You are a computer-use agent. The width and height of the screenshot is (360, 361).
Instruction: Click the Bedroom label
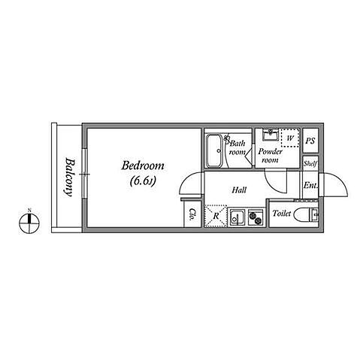point(143,166)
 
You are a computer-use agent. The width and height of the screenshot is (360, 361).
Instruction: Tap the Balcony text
point(68,177)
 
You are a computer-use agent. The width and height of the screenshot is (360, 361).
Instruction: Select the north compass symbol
point(29,221)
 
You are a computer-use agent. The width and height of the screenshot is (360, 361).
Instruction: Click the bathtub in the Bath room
point(214,150)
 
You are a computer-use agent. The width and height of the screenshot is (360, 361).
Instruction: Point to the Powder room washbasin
point(271,135)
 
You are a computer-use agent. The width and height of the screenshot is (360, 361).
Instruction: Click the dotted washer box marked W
point(290,138)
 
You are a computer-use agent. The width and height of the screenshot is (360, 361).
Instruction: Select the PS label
point(310,141)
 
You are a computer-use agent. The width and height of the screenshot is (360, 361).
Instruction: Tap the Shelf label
point(310,164)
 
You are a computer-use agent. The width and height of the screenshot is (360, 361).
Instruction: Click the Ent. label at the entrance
point(310,186)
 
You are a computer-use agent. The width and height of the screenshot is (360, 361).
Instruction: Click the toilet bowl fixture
point(306,215)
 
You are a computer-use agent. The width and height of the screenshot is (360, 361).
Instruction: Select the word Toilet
point(282,214)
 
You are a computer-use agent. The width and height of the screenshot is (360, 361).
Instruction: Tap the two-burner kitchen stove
point(256,217)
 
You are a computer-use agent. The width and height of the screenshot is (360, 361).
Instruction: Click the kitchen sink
point(237,217)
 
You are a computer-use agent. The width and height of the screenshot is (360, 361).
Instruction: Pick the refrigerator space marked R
point(216,217)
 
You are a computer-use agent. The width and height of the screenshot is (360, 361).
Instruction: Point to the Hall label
point(239,190)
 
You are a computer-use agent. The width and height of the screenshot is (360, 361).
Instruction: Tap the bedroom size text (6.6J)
point(143,181)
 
